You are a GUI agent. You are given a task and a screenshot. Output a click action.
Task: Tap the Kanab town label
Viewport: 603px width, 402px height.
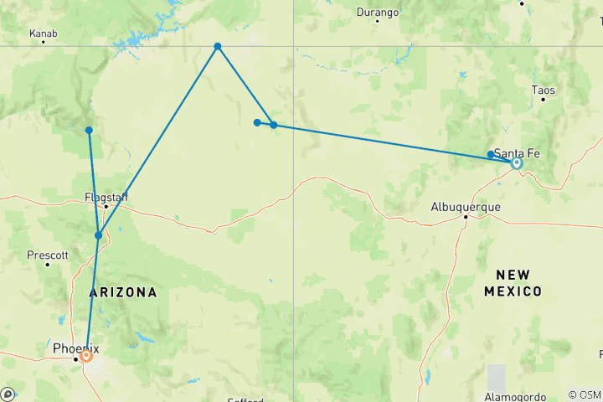tap(43, 33)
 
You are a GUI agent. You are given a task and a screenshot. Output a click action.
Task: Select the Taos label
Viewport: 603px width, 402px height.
tap(543, 90)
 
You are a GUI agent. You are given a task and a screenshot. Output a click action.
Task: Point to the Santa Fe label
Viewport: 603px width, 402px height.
tap(517, 152)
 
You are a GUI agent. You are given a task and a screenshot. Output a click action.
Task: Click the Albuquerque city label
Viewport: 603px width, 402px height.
tap(465, 206)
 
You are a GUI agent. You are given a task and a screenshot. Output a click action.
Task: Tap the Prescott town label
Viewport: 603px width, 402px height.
tap(41, 254)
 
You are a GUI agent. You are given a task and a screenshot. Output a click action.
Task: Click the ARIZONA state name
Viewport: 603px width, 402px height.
tap(122, 292)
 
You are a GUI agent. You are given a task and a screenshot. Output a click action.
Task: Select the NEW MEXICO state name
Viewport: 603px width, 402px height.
tap(513, 283)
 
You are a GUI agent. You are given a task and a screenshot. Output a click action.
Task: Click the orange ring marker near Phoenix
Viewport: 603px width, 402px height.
tap(86, 355)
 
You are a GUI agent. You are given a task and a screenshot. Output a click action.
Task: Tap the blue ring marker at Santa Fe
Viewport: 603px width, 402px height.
tap(517, 163)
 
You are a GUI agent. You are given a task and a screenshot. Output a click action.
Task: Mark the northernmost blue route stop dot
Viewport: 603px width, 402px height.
tap(218, 46)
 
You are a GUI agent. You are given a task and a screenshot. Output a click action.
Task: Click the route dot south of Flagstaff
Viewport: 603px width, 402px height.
tap(98, 235)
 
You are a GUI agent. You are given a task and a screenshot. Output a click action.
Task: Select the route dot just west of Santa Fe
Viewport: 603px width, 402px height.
tap(490, 154)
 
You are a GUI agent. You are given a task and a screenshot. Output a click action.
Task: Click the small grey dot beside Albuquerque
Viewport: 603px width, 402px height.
tap(466, 218)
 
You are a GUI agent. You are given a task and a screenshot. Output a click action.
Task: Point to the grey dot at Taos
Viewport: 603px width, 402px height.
tap(543, 100)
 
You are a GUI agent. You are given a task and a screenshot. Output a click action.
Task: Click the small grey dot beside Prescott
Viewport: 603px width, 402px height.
tap(48, 264)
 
